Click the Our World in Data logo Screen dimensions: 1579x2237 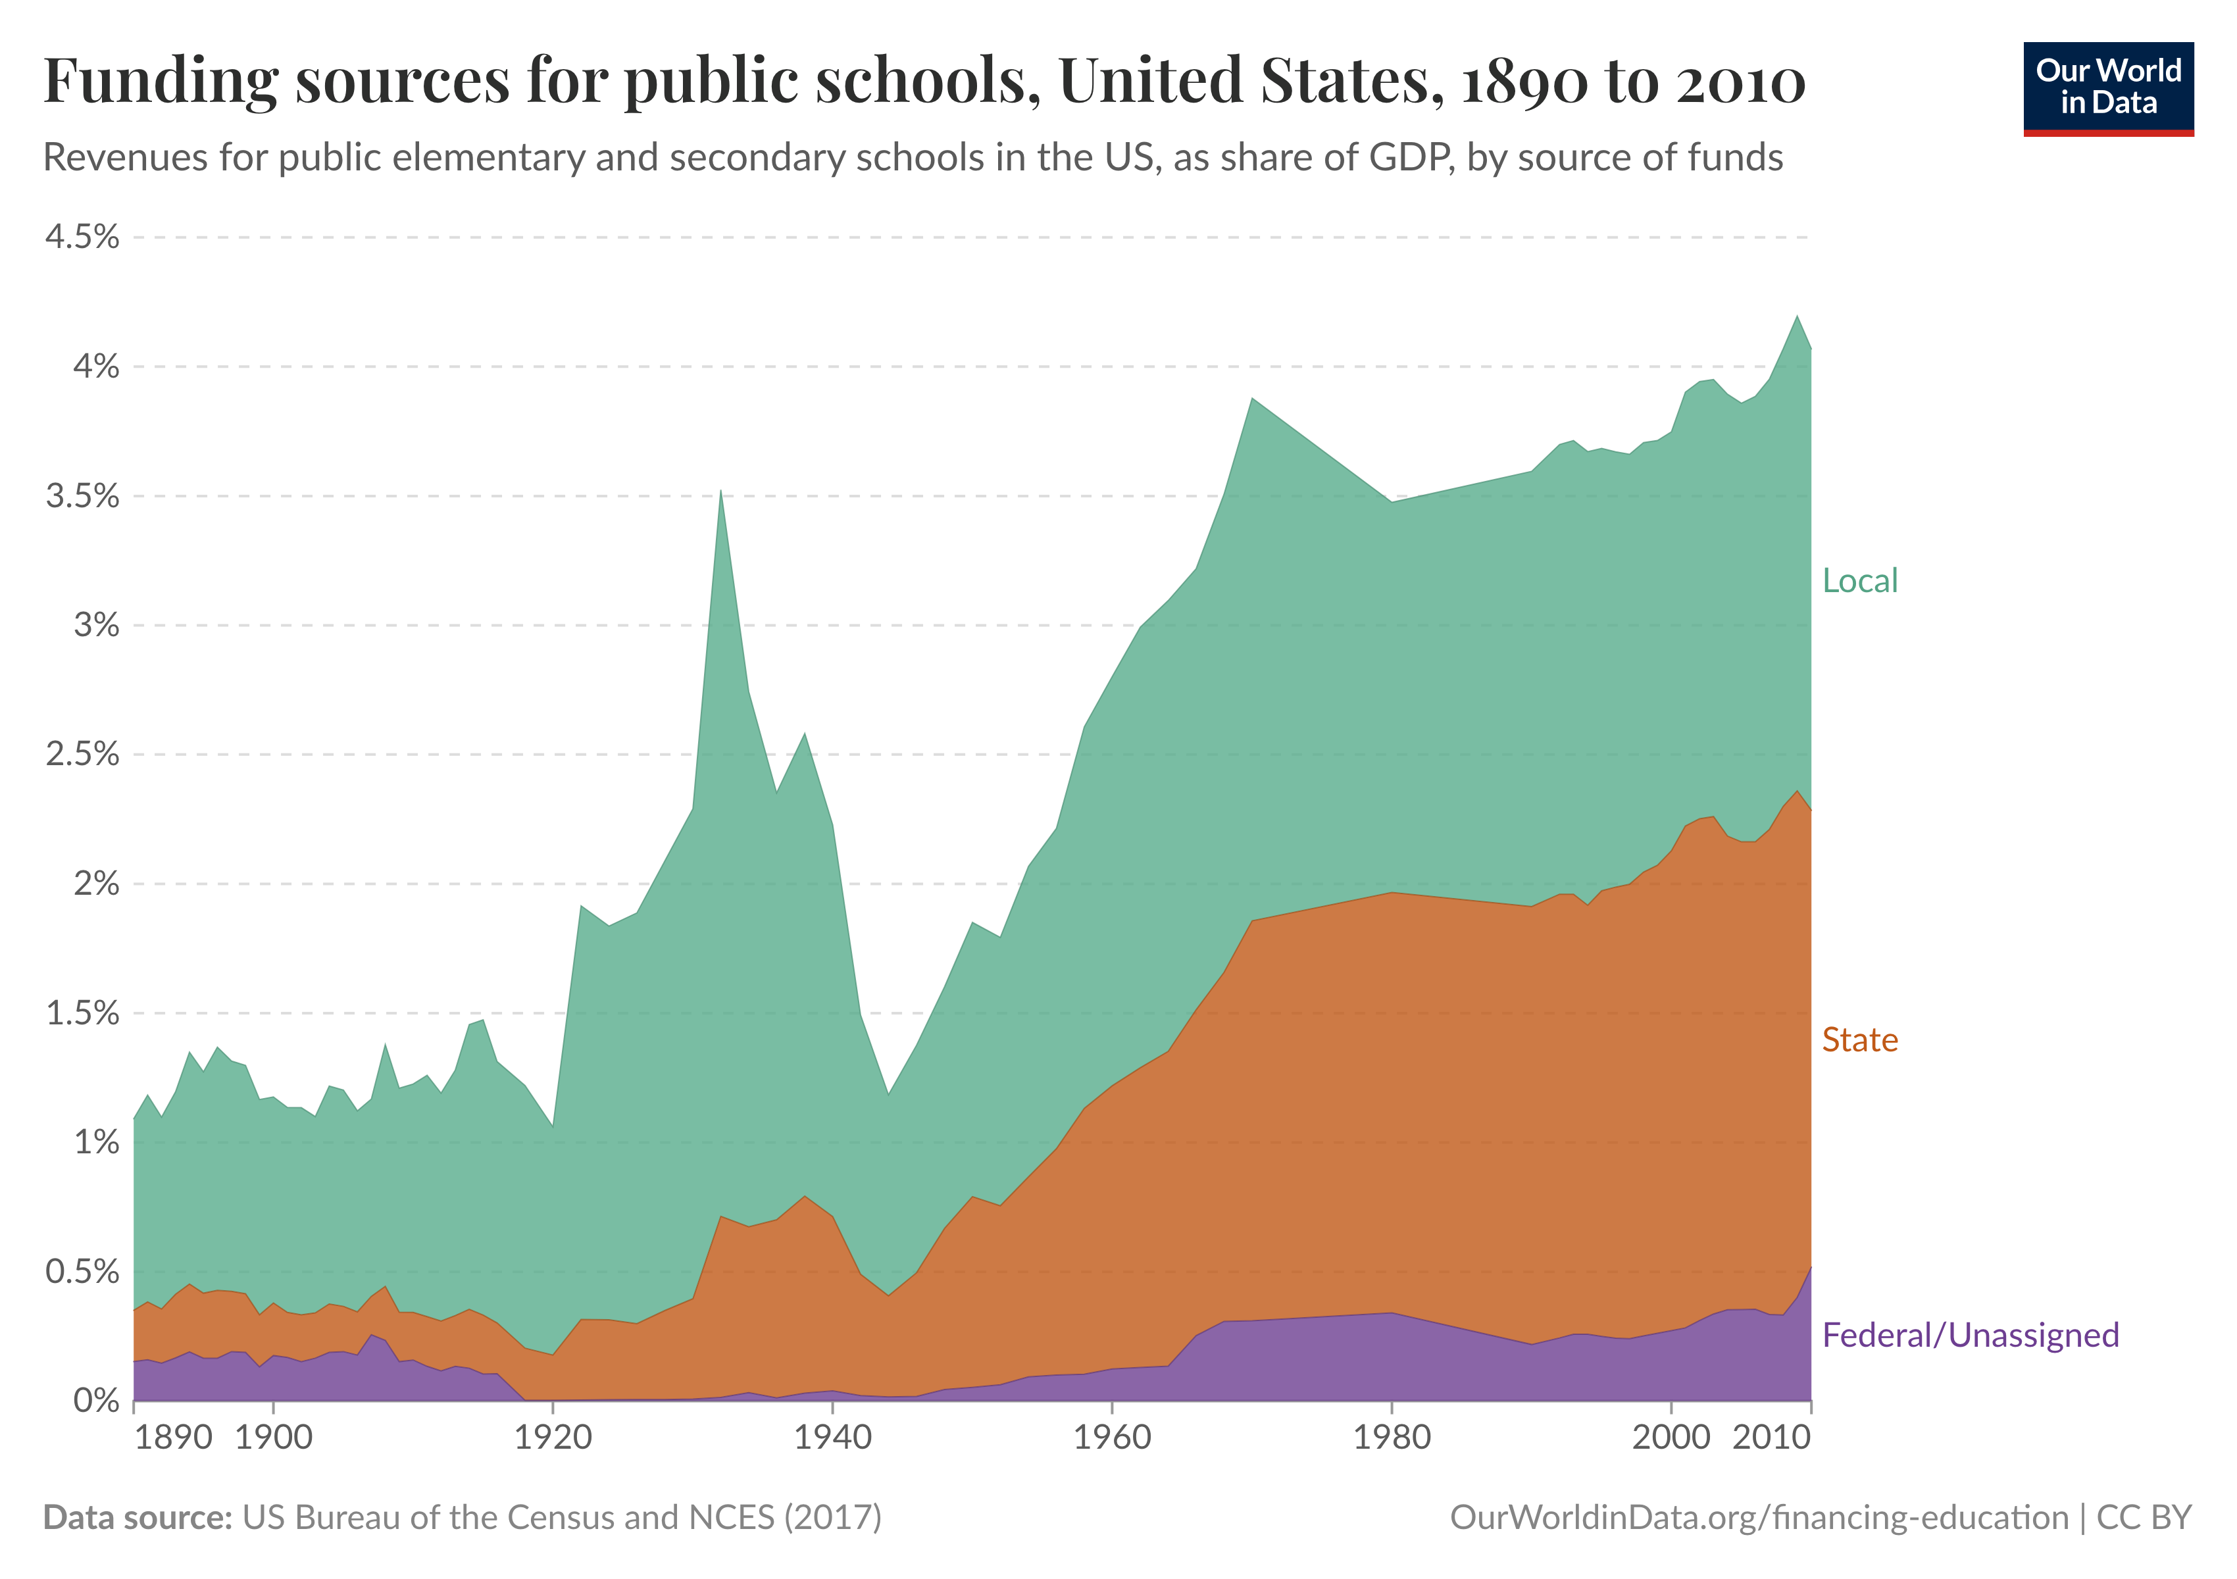tap(2107, 88)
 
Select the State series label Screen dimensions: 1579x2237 tap(1859, 1040)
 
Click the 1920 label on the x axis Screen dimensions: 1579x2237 tap(553, 1437)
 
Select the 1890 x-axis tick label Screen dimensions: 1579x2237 tap(174, 1437)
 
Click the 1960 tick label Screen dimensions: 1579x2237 tap(1112, 1437)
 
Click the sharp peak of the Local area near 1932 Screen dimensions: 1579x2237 tap(720, 491)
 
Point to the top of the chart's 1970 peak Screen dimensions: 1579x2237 tap(1252, 399)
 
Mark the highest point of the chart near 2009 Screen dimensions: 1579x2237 tap(1797, 316)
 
